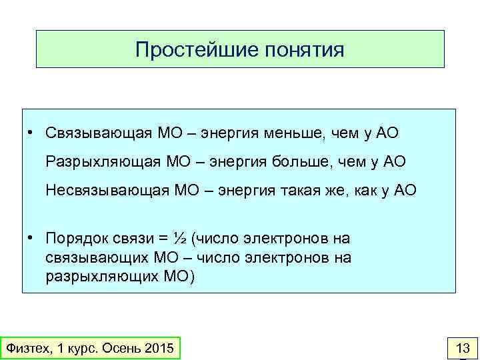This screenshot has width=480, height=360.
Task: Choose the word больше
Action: point(299,161)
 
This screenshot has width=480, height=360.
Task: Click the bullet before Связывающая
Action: point(31,133)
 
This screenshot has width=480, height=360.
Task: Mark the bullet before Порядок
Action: point(31,238)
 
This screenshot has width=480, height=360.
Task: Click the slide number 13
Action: point(462,348)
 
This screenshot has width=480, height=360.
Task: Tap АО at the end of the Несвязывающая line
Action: point(405,190)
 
